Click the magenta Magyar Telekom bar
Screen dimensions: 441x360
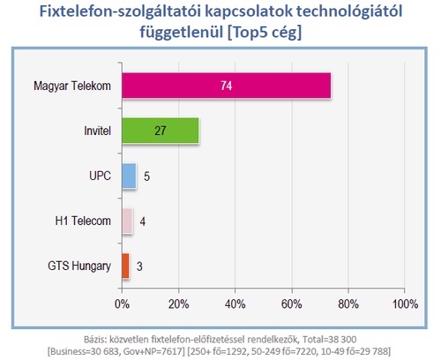227,86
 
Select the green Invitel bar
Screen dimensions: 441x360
161,131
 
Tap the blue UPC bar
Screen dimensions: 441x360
129,176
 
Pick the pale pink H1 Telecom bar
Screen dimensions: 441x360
127,221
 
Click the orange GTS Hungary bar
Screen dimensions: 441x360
125,266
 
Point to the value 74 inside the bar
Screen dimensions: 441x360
227,86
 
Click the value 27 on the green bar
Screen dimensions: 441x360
161,131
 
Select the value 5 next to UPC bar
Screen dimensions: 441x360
146,176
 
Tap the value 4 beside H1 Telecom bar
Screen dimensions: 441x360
143,221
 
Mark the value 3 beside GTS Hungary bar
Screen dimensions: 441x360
139,266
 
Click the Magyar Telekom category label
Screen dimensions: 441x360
72,86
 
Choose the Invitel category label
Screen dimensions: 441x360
98,131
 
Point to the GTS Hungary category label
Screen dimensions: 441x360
79,266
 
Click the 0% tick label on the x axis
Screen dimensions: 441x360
122,304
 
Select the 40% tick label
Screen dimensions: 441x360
235,304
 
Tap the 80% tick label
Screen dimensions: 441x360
348,304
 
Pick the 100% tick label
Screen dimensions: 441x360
405,304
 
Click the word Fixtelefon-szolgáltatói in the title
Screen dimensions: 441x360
120,11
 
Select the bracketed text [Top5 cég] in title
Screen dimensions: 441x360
265,32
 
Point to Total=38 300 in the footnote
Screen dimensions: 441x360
330,340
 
